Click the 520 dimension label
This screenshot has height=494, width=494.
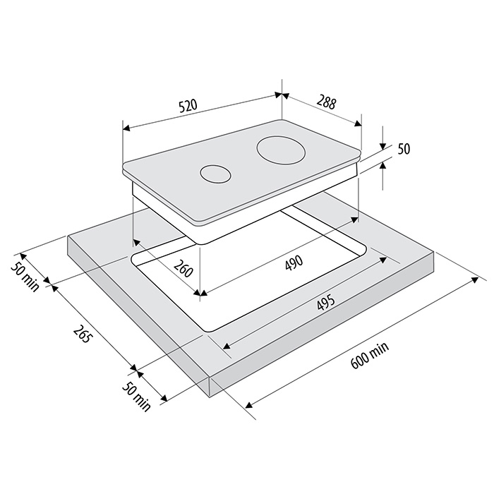pyautogui.click(x=188, y=106)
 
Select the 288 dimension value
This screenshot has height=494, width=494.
pyautogui.click(x=326, y=103)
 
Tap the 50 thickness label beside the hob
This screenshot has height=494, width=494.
pyautogui.click(x=404, y=149)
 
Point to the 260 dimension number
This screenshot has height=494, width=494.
pyautogui.click(x=183, y=268)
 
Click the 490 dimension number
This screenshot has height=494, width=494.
pyautogui.click(x=294, y=263)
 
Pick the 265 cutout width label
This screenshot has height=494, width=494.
pyautogui.click(x=83, y=334)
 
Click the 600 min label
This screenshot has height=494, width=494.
pyautogui.click(x=370, y=356)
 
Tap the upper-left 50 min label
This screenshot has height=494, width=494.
pyautogui.click(x=25, y=277)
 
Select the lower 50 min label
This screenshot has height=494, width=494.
pyautogui.click(x=136, y=397)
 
